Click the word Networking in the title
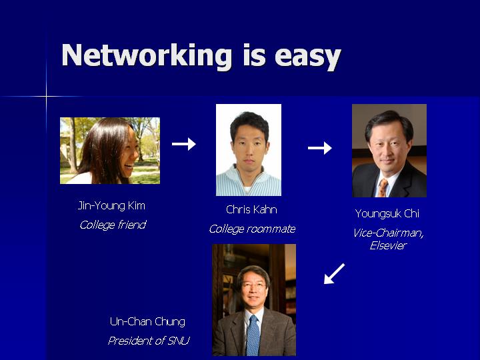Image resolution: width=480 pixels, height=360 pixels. (x=147, y=56)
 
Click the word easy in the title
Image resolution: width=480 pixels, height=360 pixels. (x=308, y=57)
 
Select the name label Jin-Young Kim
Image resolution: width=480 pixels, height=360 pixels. (x=111, y=206)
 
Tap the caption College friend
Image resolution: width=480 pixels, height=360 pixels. (x=113, y=225)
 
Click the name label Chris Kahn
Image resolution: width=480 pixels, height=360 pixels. (x=251, y=209)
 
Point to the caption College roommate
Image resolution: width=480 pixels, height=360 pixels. (x=252, y=229)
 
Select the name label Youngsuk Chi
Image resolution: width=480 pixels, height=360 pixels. (x=387, y=214)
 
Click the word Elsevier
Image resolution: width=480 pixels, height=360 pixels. (x=388, y=245)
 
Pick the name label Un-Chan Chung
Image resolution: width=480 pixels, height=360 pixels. (x=147, y=322)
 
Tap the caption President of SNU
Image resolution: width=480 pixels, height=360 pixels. (x=149, y=341)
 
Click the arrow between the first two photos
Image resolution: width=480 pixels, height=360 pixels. (x=184, y=144)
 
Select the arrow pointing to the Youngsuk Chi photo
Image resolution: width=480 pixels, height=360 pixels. (x=319, y=148)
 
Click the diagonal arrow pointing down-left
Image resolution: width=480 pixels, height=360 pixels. (x=334, y=274)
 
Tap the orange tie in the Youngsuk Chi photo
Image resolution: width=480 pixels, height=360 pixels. (x=383, y=187)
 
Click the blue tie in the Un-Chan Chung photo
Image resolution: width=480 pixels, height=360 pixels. (x=253, y=335)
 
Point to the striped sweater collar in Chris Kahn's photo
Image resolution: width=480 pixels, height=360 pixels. (x=248, y=176)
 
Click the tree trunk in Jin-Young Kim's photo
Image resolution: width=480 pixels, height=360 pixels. (x=73, y=146)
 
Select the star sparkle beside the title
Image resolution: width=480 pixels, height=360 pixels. (x=46, y=97)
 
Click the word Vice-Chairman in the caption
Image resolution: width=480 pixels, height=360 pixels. (x=388, y=233)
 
